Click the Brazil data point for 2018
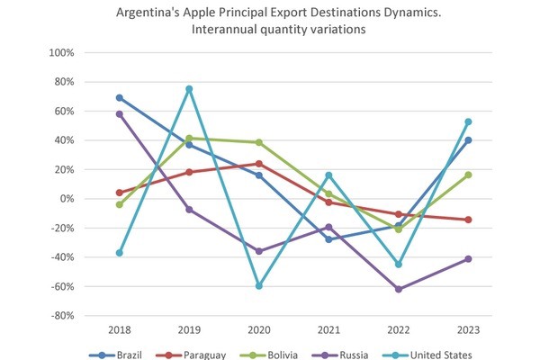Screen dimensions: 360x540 (x=119, y=98)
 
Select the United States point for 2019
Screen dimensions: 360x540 (x=189, y=88)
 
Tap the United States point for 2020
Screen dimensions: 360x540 (x=258, y=285)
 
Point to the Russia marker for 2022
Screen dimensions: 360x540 (x=398, y=289)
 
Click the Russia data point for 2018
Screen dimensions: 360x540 (x=119, y=114)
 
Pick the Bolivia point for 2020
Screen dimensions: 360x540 (x=258, y=142)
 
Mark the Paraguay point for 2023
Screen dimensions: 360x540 (x=468, y=220)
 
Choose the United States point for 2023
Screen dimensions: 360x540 (x=468, y=121)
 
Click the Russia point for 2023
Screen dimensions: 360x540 (x=468, y=259)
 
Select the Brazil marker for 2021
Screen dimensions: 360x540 (x=328, y=239)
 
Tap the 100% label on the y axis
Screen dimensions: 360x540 (x=60, y=52)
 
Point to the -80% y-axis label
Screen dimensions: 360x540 (x=61, y=316)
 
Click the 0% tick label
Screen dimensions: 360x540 (x=67, y=199)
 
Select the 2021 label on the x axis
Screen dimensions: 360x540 (x=328, y=330)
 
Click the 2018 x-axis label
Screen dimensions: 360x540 (x=119, y=330)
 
